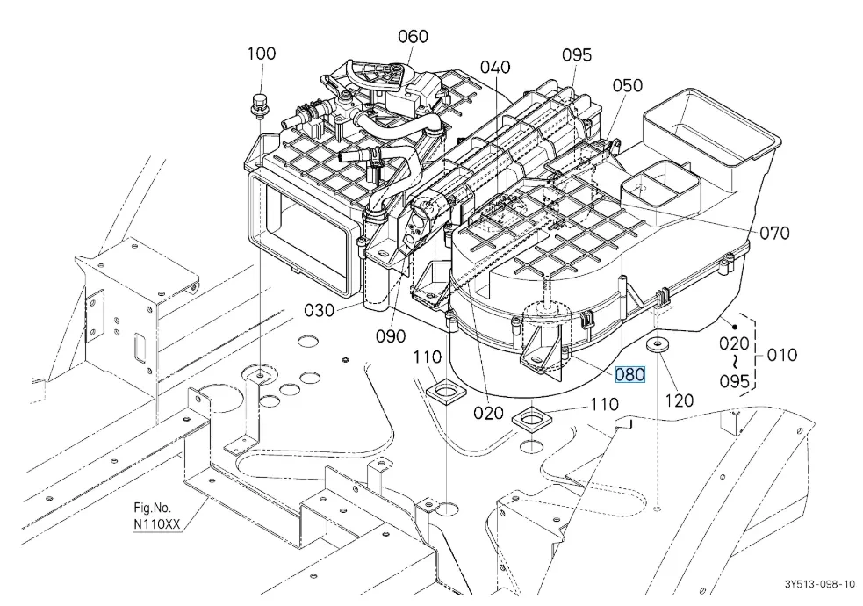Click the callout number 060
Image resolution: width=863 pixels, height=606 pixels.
413,36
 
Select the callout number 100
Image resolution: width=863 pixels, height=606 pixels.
262,54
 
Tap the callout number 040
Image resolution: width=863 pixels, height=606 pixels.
495,67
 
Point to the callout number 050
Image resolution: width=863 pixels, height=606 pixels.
628,85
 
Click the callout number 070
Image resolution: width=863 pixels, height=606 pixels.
774,233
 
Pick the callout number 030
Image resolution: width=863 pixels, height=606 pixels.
320,310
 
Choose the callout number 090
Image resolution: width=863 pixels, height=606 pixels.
391,335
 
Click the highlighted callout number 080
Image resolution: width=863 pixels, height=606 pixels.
629,375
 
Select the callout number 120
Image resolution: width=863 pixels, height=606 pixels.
680,400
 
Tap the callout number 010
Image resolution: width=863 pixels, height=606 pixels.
781,355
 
